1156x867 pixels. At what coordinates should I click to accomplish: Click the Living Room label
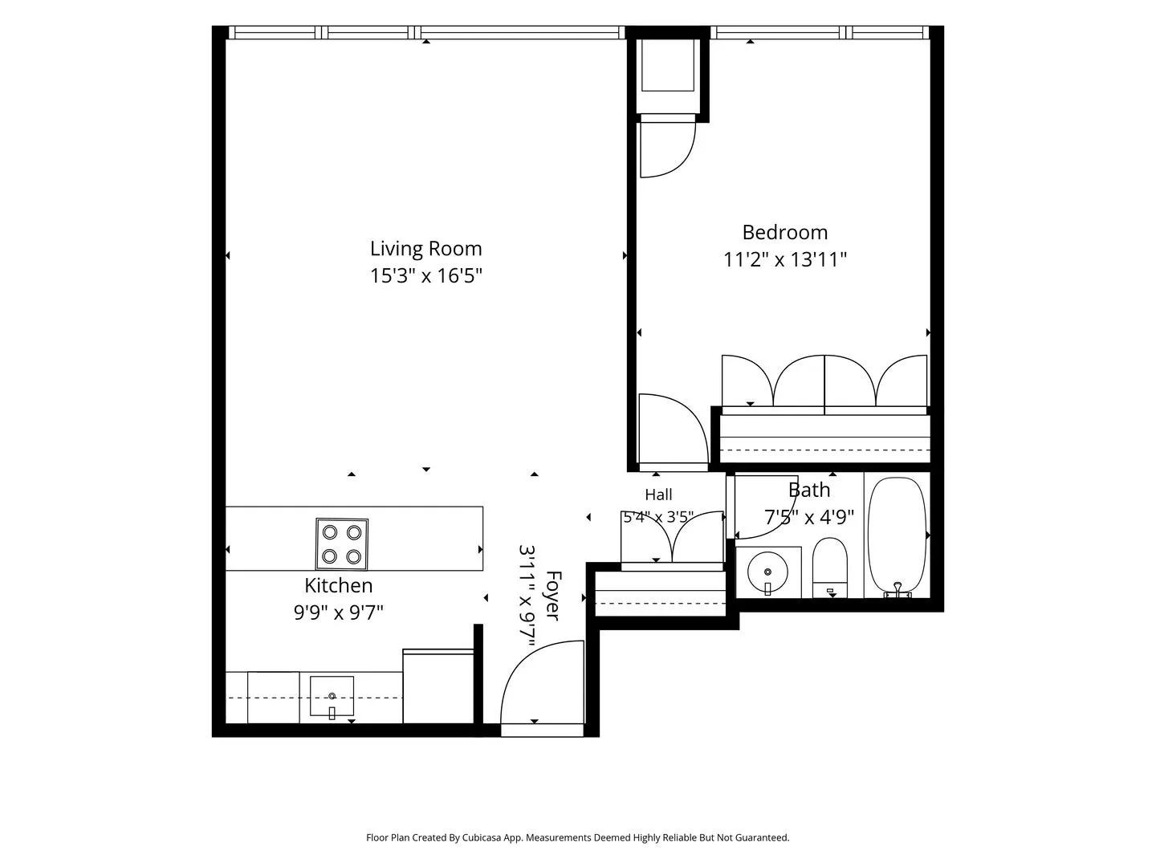click(425, 249)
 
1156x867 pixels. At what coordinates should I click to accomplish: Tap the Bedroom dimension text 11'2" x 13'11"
click(784, 260)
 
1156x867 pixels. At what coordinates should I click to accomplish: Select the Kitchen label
click(339, 585)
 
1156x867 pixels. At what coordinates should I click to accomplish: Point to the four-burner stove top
click(342, 543)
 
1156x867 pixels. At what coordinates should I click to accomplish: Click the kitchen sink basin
click(332, 696)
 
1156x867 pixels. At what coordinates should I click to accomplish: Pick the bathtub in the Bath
click(897, 537)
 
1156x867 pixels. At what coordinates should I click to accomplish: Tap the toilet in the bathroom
click(830, 568)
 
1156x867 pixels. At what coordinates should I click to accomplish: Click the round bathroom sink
click(768, 572)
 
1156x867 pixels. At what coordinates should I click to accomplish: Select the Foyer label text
click(553, 596)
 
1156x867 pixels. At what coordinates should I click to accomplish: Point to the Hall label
click(658, 495)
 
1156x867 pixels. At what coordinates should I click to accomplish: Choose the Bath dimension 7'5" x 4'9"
click(809, 518)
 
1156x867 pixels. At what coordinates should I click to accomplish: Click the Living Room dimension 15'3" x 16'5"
click(426, 276)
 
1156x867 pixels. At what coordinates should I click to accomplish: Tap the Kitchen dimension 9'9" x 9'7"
click(339, 613)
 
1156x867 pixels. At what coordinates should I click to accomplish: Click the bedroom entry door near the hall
click(673, 429)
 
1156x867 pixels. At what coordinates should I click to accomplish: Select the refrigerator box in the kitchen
click(438, 686)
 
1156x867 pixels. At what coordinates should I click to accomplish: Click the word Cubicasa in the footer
click(482, 837)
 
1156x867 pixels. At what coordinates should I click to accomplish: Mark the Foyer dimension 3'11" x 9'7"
click(527, 596)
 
